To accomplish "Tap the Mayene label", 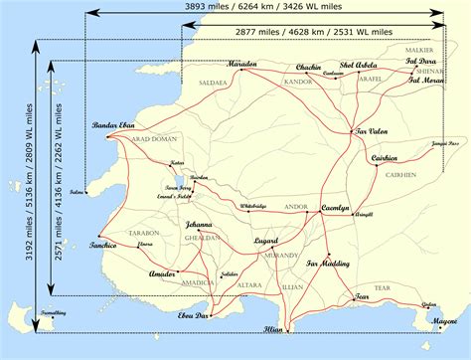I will pyautogui.click(x=443, y=321).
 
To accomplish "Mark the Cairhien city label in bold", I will pyautogui.click(x=384, y=158).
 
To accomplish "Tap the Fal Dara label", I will pyautogui.click(x=424, y=60).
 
